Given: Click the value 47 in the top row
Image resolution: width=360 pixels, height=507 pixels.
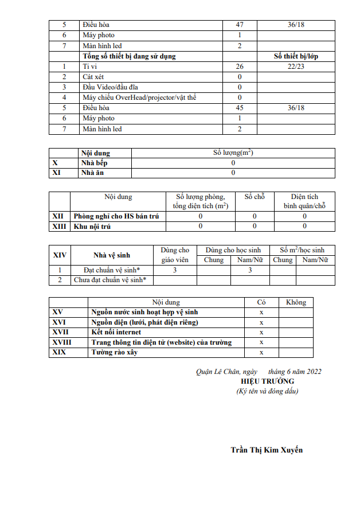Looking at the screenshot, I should click(x=240, y=25).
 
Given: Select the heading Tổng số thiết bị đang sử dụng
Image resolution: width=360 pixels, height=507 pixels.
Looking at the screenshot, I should click(x=129, y=56).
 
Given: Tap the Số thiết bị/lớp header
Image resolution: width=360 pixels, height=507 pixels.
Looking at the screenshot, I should click(x=295, y=56).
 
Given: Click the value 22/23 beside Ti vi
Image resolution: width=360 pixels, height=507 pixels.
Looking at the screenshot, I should click(x=295, y=67).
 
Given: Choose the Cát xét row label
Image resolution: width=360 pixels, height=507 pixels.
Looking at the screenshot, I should click(x=93, y=77).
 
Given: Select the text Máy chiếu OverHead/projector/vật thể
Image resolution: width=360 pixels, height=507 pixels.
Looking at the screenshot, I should click(x=139, y=97).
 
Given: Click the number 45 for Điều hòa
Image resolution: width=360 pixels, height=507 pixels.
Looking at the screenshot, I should click(x=240, y=108).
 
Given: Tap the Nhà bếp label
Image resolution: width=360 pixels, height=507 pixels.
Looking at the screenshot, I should click(x=94, y=163).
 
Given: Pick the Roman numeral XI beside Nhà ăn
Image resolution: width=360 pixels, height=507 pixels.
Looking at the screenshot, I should click(x=56, y=173).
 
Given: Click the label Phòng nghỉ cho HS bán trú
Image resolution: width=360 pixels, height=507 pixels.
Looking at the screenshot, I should click(x=116, y=216).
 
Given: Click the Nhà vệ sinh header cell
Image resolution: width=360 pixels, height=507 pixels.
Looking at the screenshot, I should click(x=112, y=255).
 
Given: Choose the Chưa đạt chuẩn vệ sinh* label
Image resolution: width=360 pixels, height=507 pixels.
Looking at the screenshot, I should click(x=110, y=280).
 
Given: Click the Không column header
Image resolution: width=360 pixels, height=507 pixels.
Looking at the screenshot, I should click(x=296, y=302).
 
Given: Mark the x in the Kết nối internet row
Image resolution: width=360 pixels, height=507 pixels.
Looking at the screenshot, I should click(x=261, y=332).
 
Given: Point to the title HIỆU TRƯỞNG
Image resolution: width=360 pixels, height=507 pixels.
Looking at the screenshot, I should click(x=267, y=381).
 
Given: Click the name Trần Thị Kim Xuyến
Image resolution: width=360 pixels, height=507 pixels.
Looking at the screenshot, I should click(x=267, y=450).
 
